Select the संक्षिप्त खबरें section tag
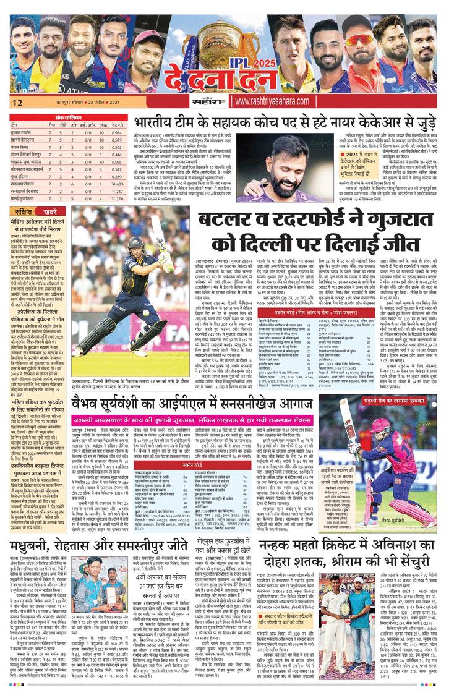pyautogui.click(x=31, y=210)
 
